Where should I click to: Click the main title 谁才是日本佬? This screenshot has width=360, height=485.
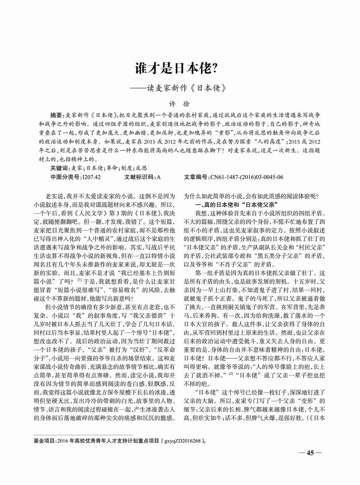[180, 68]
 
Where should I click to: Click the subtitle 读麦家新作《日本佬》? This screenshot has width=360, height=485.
[186, 86]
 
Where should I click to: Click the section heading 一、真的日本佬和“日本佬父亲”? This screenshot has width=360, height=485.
[236, 204]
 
